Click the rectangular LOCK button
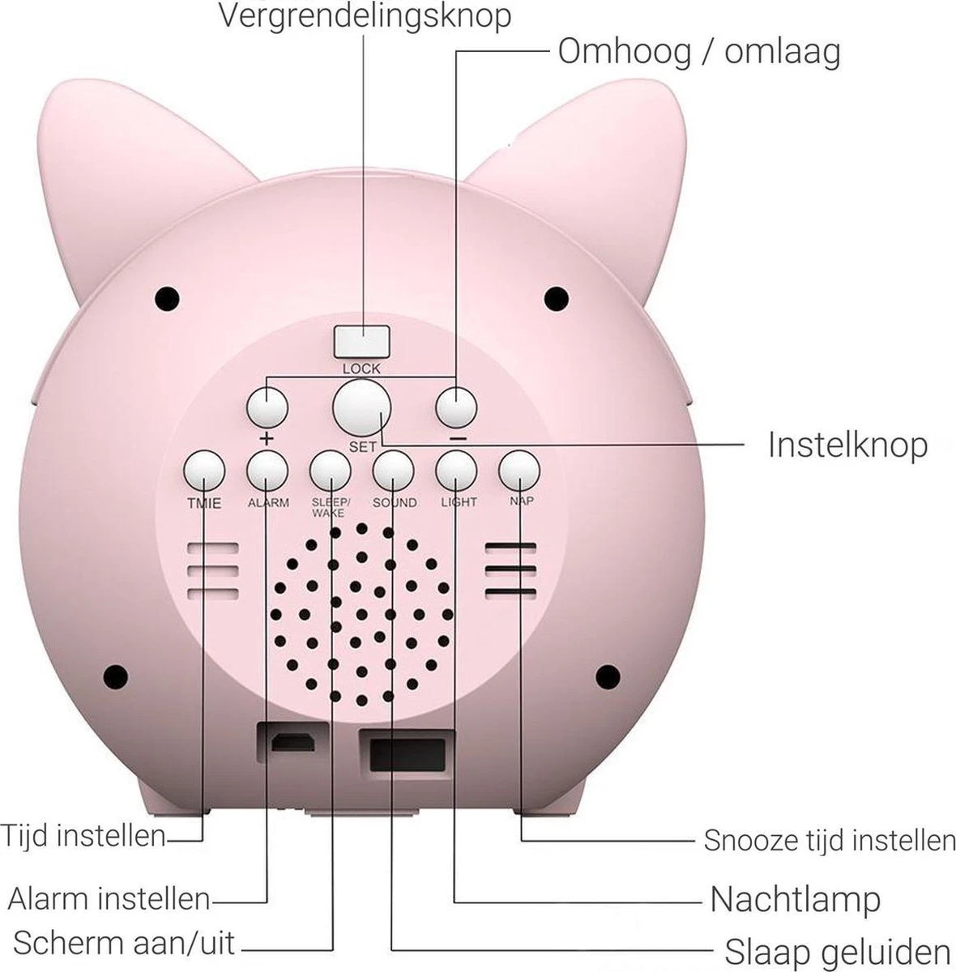coord(361,341)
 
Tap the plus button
coord(267,407)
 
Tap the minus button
coord(456,407)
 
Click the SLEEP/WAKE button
coord(330,470)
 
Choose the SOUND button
coord(394,470)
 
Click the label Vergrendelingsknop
coord(365,16)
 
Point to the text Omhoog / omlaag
coord(699,52)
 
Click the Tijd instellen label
coord(83,835)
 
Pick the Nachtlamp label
coord(795,898)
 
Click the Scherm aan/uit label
coord(124,943)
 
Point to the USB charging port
coord(293,742)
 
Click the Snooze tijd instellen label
coord(829,840)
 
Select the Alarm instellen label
coord(109,897)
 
